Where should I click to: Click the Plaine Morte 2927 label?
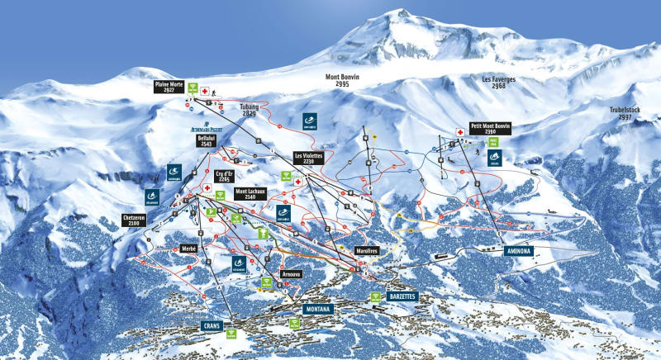[x=169, y=87]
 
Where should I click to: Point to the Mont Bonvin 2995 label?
[x=354, y=80]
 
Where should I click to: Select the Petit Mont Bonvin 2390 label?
[x=491, y=130]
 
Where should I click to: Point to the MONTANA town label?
[x=317, y=309]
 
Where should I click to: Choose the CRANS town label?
[x=213, y=326]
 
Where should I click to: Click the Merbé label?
[x=188, y=247]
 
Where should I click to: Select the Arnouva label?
[x=291, y=273]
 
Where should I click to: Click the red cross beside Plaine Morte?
[x=204, y=91]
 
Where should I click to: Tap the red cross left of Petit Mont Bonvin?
[x=459, y=130]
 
